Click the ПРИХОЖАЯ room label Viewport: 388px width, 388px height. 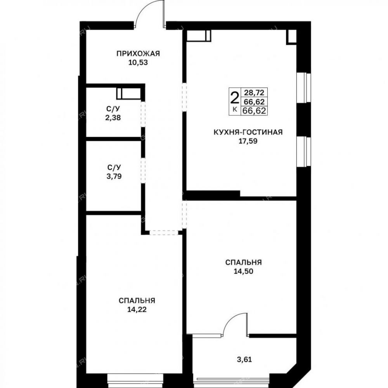[138, 53]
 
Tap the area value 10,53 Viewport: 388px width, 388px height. [138, 62]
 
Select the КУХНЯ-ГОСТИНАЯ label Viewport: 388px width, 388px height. [248, 132]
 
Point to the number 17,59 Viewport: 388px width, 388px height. [248, 141]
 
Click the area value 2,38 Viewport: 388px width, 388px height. [113, 118]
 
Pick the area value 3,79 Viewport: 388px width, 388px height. [114, 177]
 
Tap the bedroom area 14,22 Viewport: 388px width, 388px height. [137, 309]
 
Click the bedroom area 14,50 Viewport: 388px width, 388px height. [244, 271]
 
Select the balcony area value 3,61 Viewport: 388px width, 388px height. [244, 359]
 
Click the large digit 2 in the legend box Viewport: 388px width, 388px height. [235, 98]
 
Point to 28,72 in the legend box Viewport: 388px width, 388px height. [255, 93]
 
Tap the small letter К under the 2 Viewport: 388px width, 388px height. [235, 109]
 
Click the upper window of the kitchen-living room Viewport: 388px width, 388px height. [303, 88]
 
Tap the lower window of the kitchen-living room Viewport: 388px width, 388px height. [303, 151]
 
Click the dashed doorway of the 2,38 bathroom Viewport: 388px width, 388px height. [143, 114]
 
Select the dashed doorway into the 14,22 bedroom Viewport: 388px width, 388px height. [164, 232]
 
